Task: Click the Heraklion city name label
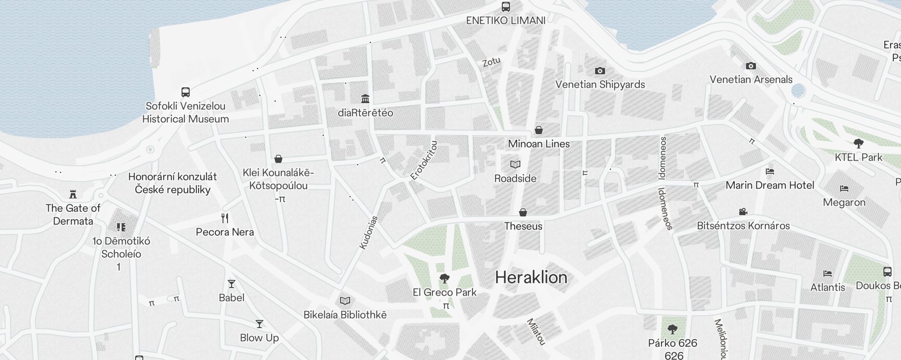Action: point(531,277)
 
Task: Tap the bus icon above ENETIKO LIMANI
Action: point(506,7)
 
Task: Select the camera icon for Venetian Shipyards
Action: point(600,71)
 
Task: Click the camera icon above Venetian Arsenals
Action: point(751,66)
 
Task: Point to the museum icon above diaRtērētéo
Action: point(365,99)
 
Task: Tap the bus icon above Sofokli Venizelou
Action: point(185,92)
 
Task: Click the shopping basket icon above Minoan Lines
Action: point(538,130)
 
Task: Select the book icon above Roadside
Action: point(515,165)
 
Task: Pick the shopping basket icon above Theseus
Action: point(523,212)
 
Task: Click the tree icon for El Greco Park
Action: point(444,279)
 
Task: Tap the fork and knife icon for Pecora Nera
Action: point(225,219)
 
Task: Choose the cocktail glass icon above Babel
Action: point(232,284)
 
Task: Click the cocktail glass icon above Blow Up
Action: point(259,324)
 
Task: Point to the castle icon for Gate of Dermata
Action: point(73,194)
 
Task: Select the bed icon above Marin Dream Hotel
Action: point(769,171)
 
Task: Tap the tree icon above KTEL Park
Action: point(858,144)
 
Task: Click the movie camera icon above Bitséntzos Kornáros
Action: point(743,211)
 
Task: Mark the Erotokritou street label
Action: point(424,161)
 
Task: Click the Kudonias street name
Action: point(369,232)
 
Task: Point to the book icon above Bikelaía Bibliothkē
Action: point(345,301)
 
